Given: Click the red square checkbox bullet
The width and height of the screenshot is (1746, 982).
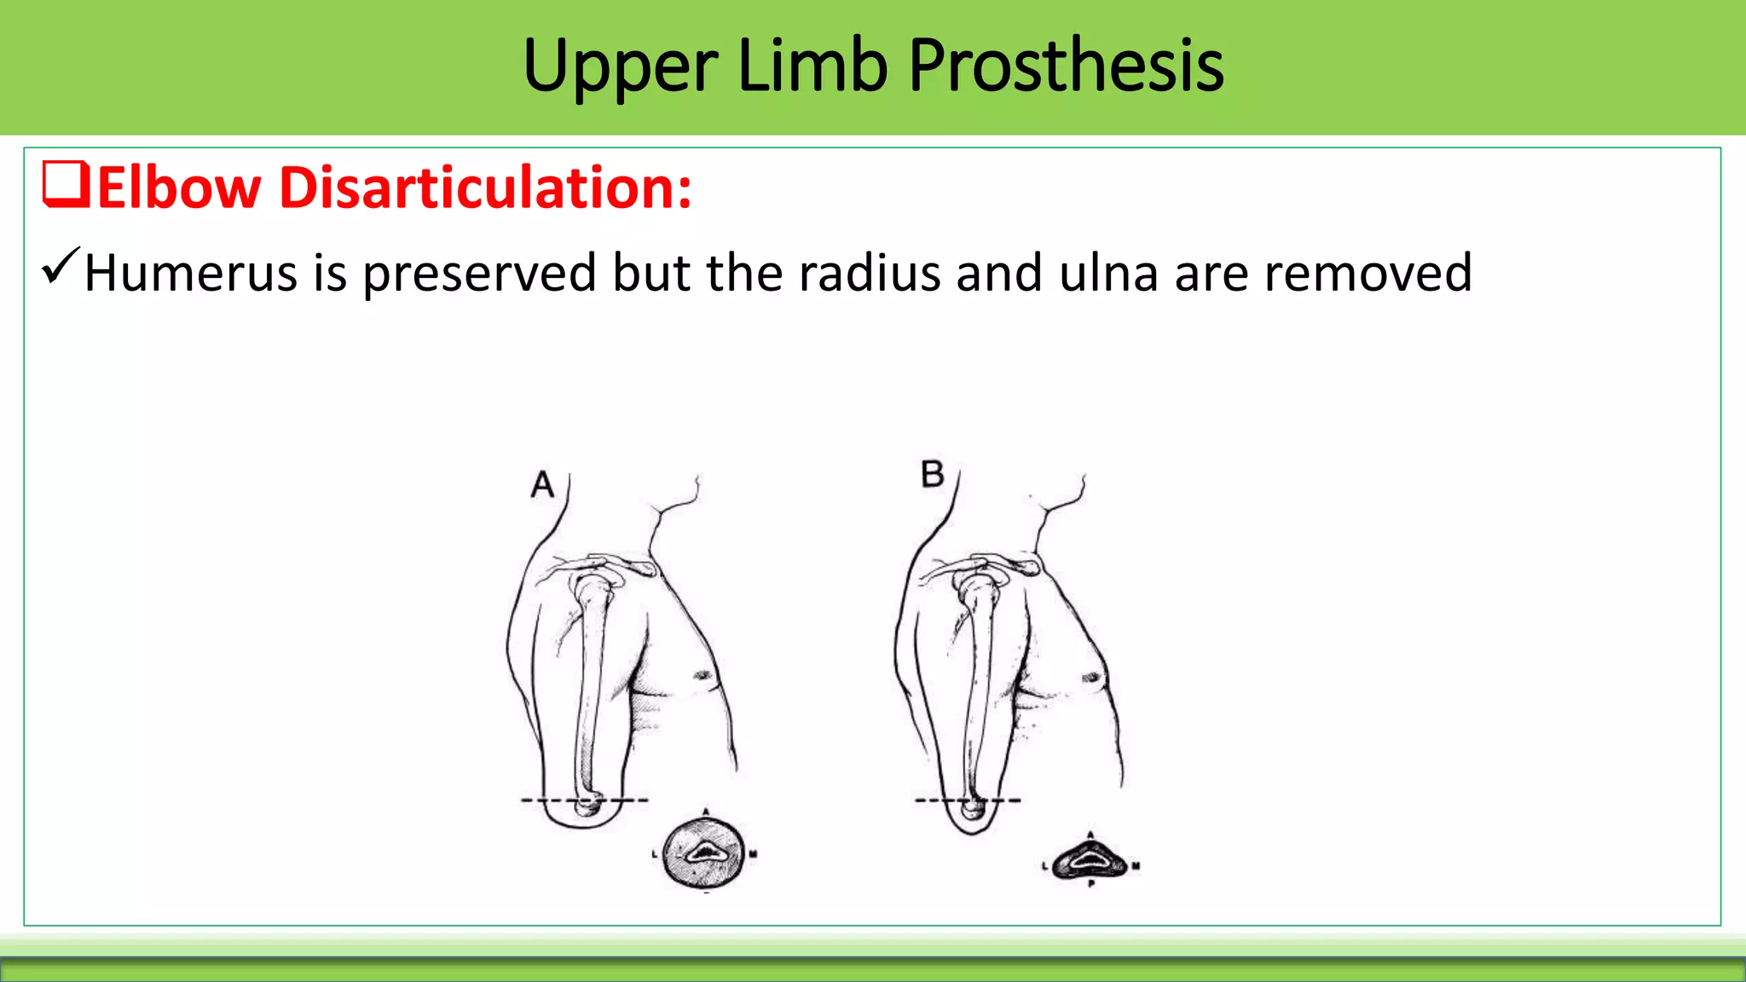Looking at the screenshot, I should [66, 185].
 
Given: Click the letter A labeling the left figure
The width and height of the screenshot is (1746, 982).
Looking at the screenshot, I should [542, 485].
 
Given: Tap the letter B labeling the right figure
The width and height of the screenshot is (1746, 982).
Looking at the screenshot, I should [933, 474].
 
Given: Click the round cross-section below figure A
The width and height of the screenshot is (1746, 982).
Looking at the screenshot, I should [705, 852].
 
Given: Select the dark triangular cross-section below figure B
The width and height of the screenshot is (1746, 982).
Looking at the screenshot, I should [1090, 861].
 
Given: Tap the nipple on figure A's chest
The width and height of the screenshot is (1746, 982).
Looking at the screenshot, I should [704, 675].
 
